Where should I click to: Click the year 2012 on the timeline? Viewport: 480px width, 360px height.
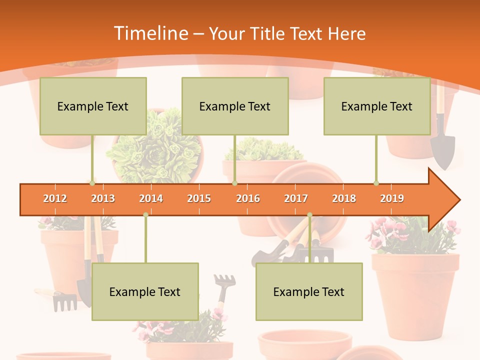click(55, 198)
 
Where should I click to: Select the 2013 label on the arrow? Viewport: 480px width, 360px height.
click(103, 198)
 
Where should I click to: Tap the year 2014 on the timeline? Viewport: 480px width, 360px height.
click(151, 198)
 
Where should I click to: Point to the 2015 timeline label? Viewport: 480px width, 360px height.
click(199, 198)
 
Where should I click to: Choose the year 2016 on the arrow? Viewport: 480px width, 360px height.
click(248, 198)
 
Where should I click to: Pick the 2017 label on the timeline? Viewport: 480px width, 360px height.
click(296, 198)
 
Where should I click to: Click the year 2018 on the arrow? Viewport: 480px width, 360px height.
click(344, 198)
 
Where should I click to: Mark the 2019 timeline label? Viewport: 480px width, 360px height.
click(392, 198)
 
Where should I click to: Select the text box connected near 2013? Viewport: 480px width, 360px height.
click(93, 106)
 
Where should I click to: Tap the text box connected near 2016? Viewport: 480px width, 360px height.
click(235, 106)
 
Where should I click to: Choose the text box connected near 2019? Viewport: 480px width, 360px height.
click(377, 106)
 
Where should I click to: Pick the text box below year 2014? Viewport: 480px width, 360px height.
click(145, 291)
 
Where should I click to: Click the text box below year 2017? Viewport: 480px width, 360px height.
click(309, 291)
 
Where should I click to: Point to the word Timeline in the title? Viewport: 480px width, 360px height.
click(150, 33)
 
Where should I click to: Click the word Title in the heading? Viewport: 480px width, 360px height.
click(270, 34)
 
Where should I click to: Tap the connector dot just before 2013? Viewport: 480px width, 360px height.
click(92, 183)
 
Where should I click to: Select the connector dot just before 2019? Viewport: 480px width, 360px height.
click(376, 183)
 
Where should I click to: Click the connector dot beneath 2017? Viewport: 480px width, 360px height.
click(309, 215)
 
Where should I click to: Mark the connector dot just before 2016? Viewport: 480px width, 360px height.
click(234, 183)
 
